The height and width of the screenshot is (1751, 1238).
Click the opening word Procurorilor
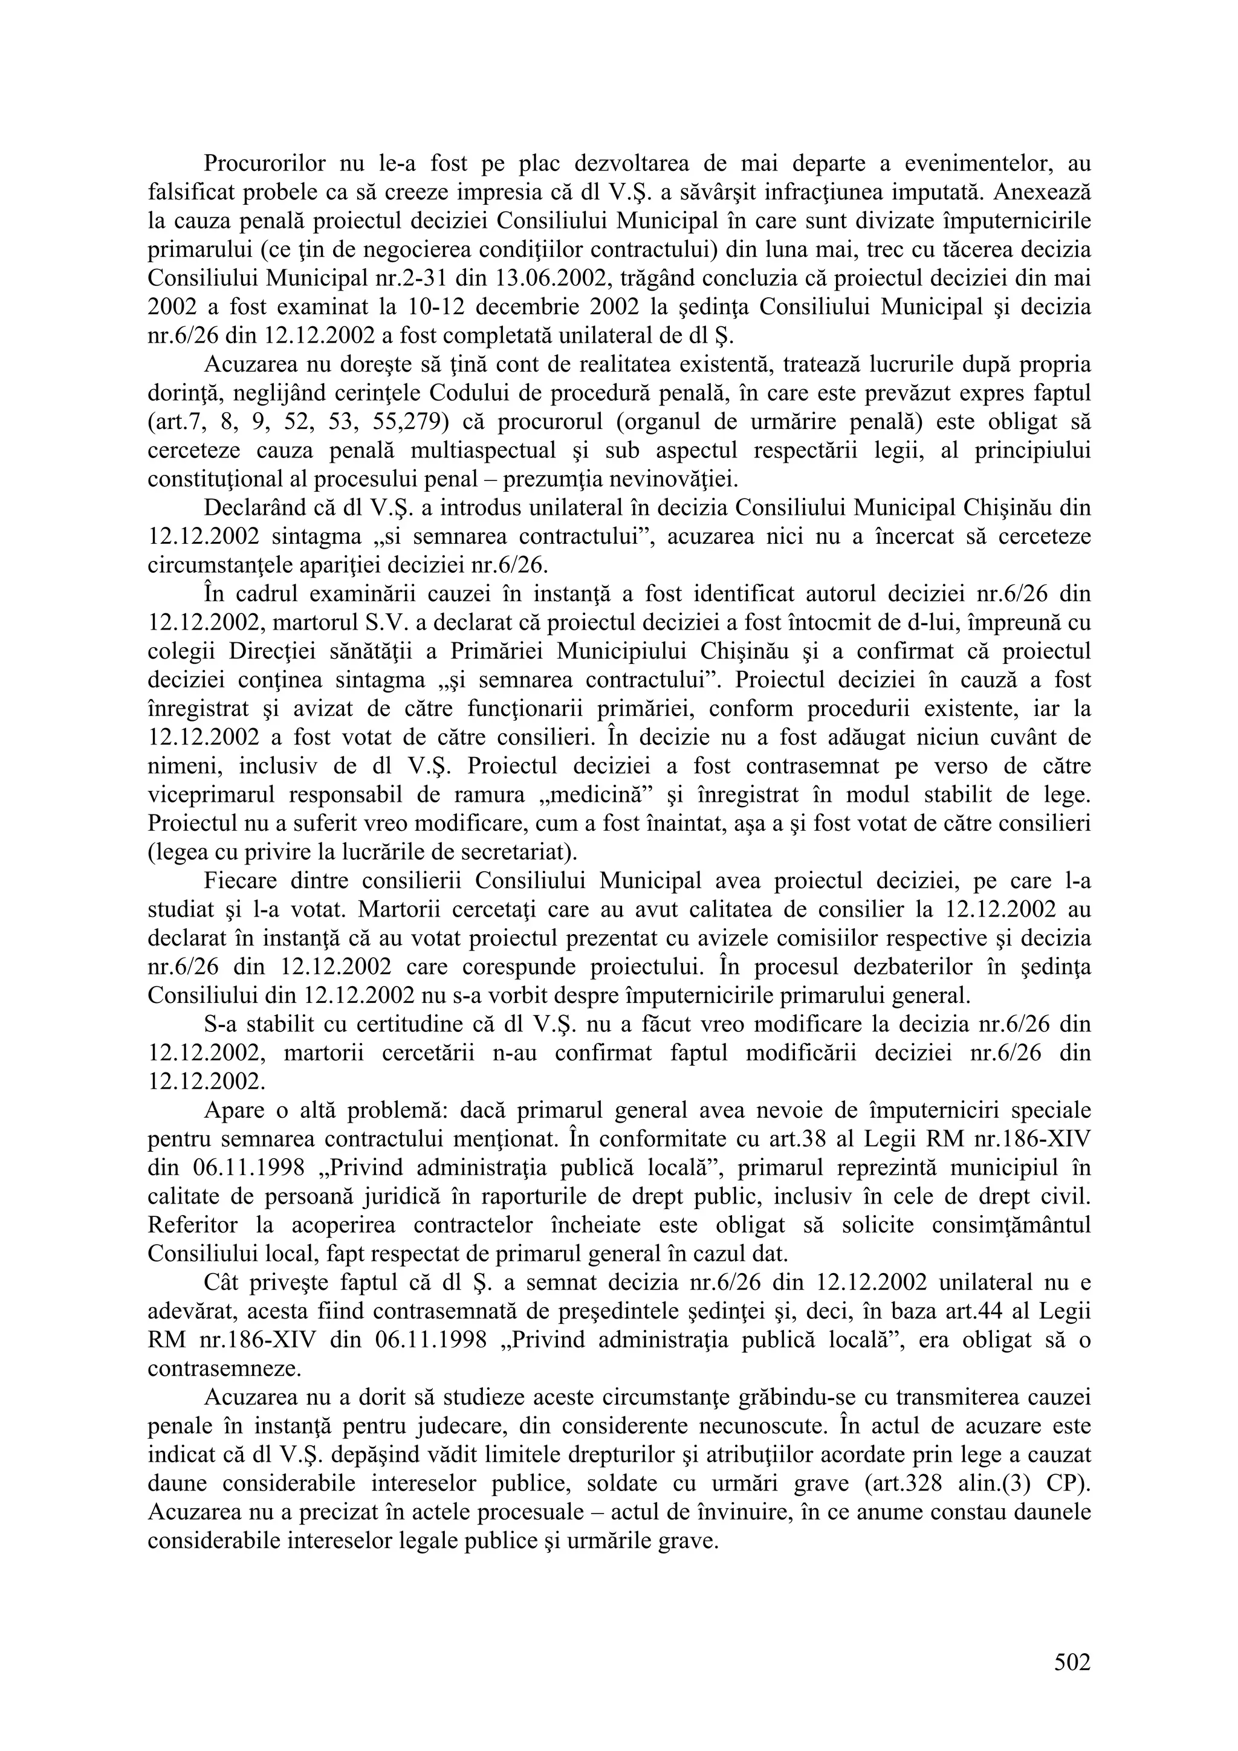[x=265, y=163]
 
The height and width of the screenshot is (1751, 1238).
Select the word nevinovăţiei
[x=671, y=480]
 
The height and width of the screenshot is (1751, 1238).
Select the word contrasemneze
[x=224, y=1370]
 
